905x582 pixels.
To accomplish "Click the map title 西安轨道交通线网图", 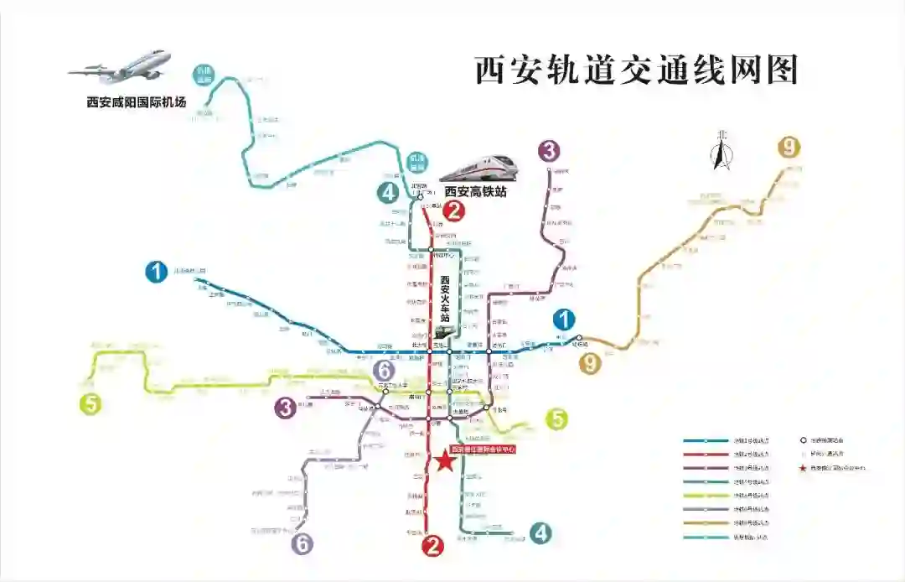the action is coord(636,70).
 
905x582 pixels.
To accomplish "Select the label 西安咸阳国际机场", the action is coord(136,103).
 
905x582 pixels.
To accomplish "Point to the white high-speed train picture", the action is coord(478,168).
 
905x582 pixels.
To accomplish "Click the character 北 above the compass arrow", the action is coord(721,135).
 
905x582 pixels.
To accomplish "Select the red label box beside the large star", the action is coord(483,449).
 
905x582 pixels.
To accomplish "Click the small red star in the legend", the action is coord(804,467).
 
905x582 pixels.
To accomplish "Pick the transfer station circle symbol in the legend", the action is coord(804,439).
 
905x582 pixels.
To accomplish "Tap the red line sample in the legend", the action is coord(706,454).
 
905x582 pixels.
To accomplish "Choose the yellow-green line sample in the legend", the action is coord(706,495).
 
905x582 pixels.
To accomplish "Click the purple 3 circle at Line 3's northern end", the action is coord(549,151).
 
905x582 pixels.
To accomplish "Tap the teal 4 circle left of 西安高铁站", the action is coord(387,193).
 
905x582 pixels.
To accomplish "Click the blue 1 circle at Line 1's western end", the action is coord(156,272).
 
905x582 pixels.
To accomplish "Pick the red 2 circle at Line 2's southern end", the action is coord(432,547).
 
